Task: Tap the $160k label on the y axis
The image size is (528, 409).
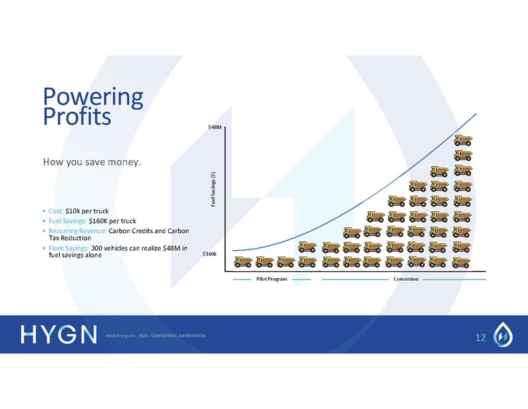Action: tap(211, 254)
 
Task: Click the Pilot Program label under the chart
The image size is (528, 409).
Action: tap(271, 279)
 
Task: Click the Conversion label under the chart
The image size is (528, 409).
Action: tap(406, 279)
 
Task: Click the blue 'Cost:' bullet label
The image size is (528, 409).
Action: tap(56, 211)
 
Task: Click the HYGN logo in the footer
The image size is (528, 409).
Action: tap(59, 335)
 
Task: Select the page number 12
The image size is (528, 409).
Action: tap(481, 337)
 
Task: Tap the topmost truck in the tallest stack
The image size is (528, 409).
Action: tap(462, 140)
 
